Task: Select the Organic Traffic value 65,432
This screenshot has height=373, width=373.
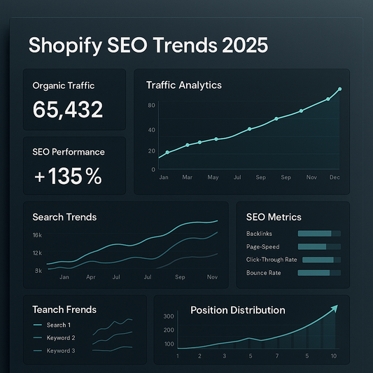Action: [68, 109]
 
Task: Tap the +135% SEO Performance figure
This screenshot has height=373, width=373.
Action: [68, 176]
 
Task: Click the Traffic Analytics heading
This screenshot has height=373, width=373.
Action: [183, 85]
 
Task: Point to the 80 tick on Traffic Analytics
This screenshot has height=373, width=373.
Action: [151, 106]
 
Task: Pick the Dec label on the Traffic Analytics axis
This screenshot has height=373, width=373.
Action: [335, 178]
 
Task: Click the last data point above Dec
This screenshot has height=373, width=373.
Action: [339, 90]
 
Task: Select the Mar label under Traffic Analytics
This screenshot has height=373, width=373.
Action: [188, 178]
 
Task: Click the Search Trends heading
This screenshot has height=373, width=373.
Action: [64, 217]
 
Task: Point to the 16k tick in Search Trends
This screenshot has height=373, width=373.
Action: [37, 235]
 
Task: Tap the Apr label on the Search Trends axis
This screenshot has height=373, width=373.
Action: [91, 278]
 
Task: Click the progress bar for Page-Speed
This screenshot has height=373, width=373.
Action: [319, 246]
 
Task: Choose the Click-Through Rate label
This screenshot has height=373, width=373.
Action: [272, 260]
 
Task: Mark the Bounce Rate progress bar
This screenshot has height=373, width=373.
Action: [319, 273]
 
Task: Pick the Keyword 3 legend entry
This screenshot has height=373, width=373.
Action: [60, 350]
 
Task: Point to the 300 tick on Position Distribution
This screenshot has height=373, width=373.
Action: [168, 317]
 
